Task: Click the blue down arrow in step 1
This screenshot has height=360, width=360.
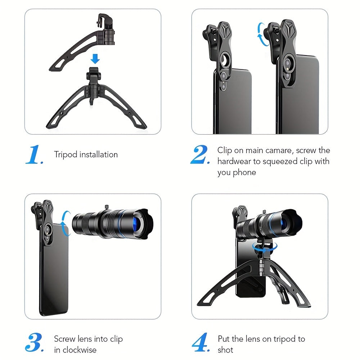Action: [95, 59]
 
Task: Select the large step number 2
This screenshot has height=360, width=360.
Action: [200, 154]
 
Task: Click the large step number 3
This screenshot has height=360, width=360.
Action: [35, 342]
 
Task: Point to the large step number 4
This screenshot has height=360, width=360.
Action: [201, 342]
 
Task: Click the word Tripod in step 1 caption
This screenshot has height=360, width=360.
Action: [66, 155]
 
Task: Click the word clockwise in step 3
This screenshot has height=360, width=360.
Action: [80, 350]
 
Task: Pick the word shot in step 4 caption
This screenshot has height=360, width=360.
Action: [225, 350]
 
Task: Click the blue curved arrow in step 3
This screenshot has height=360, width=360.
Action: [65, 223]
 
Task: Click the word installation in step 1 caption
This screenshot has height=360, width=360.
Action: [99, 154]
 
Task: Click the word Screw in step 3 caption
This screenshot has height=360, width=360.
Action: [65, 339]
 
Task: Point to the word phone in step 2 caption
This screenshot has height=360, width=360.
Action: [244, 172]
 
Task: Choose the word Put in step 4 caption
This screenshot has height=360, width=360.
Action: [224, 339]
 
